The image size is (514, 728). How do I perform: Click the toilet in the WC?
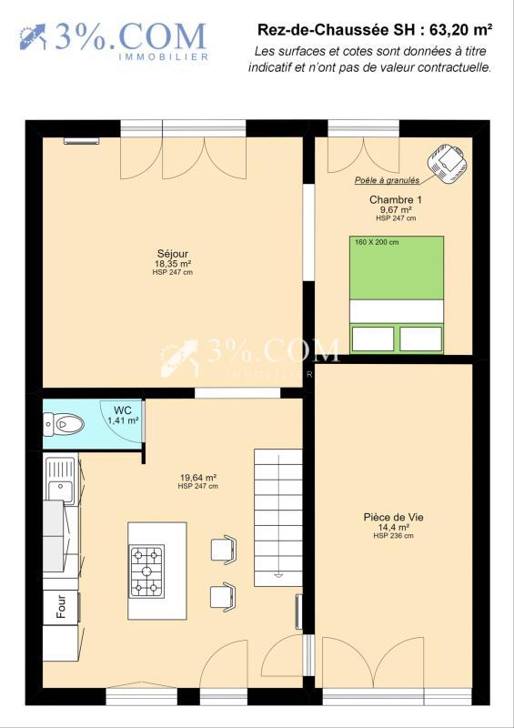pos(66,423)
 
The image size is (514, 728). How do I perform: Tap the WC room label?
pos(122,409)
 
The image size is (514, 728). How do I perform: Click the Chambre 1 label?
pos(395,199)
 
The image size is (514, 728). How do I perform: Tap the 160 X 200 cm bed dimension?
pos(378,242)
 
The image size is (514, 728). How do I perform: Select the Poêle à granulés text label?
pos(388,180)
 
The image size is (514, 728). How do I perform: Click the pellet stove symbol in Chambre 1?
pos(449,160)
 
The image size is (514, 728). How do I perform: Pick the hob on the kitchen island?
pos(146,571)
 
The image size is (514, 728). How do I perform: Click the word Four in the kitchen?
pos(61,607)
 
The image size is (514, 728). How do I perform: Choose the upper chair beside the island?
pos(224,550)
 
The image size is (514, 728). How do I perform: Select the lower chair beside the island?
pos(223,596)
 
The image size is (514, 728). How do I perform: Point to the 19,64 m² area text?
pos(197,477)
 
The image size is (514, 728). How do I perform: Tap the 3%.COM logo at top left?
pos(115,39)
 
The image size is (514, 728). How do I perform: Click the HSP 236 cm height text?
pos(393,536)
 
